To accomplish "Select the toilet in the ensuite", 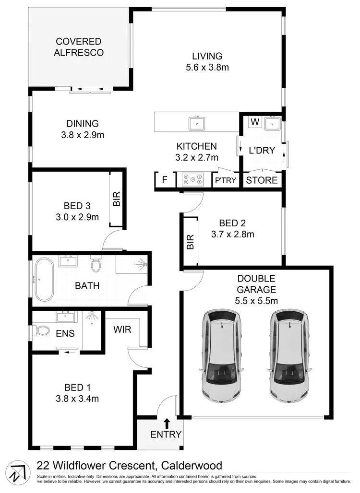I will coord(41,330).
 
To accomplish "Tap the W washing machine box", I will coord(255,122).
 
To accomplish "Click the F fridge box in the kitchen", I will coord(164,180).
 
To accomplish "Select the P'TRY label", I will coord(225,181).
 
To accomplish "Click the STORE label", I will coord(262,180).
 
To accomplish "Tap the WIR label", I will coord(123,330).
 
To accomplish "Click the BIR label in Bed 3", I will coord(116,199).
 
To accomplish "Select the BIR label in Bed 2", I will coord(190,242).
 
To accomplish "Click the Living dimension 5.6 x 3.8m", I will coord(207,67).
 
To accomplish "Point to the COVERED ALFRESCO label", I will coord(78,47).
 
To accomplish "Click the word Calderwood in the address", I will coord(192,465).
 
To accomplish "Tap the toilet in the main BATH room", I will coord(96,264).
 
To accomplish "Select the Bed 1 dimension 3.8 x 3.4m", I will coord(78,398).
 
